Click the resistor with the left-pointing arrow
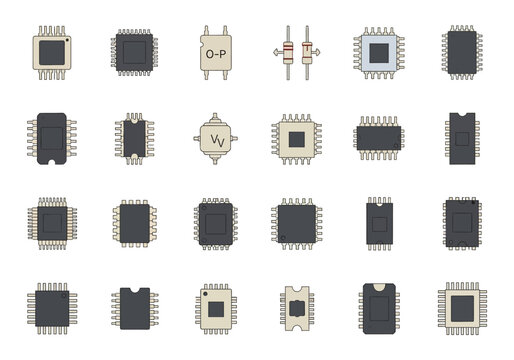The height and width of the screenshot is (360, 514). (288, 51)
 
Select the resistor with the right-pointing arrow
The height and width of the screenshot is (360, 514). (306, 51)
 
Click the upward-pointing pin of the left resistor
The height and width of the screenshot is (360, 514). (288, 31)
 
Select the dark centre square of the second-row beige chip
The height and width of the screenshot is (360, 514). (297, 137)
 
